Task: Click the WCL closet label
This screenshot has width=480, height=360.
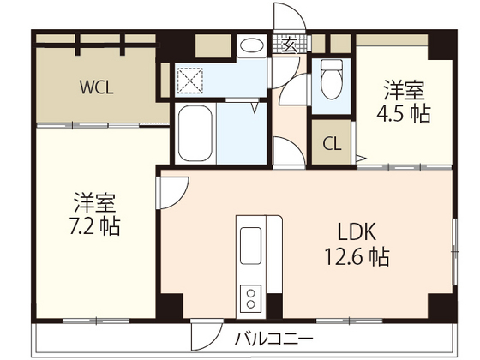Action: coord(97,87)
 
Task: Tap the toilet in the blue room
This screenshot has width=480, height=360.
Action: coord(332,82)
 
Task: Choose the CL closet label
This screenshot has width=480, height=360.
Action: coord(332,143)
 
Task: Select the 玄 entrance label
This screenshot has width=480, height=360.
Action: coord(291,43)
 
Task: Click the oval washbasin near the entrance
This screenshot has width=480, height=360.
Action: coord(252,46)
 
